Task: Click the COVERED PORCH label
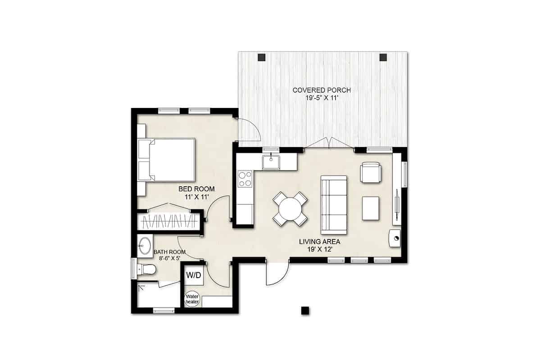(x=322, y=90)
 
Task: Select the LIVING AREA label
(x=319, y=242)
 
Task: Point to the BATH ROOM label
(x=169, y=252)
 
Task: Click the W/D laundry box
(x=194, y=274)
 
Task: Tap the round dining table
(x=290, y=209)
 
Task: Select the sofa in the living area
(x=334, y=205)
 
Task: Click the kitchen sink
(x=271, y=161)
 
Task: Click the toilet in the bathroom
(x=146, y=270)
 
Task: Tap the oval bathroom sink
(x=145, y=246)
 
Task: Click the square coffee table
(x=371, y=208)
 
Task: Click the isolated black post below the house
(x=305, y=310)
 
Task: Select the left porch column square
(x=261, y=58)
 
